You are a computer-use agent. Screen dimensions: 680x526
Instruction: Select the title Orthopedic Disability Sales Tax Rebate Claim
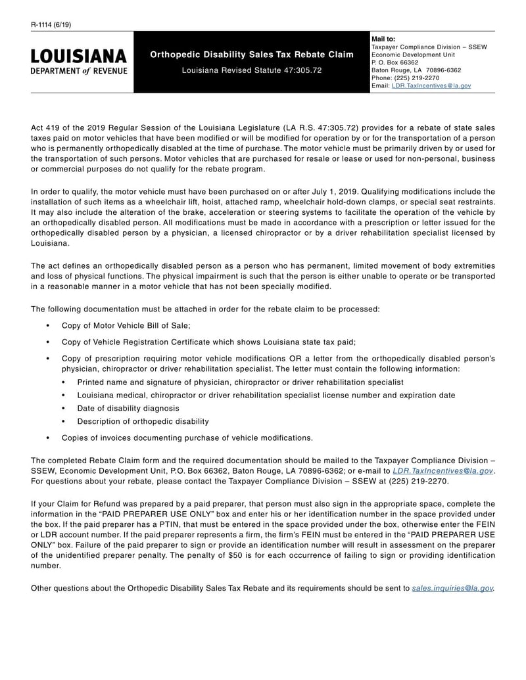coord(252,55)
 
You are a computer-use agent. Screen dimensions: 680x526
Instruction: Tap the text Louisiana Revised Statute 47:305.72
coord(252,70)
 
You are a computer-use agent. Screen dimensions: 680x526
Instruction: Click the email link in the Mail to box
coord(431,85)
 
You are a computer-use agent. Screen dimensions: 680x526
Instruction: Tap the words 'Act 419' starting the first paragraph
coord(44,127)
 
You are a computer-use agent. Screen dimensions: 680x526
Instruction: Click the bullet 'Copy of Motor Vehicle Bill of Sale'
coord(126,325)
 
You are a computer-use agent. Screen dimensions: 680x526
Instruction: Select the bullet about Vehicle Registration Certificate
coord(208,342)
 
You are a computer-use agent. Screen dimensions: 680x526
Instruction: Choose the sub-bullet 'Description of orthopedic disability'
coord(143,421)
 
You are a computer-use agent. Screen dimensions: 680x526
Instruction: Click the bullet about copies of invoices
coord(187,438)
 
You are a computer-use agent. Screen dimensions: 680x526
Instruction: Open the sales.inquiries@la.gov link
coord(452,588)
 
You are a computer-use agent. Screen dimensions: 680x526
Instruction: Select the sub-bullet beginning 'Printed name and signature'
coord(240,382)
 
